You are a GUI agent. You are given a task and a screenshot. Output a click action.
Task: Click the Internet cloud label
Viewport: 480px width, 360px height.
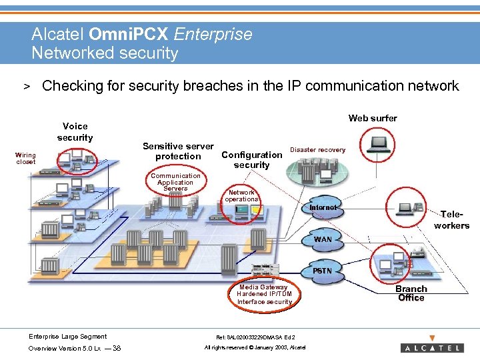coord(323,207)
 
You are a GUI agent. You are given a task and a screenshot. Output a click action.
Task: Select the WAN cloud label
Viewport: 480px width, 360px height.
coord(323,239)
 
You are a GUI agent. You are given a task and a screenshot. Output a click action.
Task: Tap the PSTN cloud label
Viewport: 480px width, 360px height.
coord(323,271)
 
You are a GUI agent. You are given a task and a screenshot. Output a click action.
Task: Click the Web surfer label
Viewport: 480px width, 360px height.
coord(373,118)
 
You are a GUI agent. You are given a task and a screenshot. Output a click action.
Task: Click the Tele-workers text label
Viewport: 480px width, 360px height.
coord(451,220)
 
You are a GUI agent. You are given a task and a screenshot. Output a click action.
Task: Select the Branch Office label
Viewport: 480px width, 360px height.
coord(411,293)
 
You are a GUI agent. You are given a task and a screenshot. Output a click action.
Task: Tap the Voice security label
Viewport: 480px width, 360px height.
coord(75,131)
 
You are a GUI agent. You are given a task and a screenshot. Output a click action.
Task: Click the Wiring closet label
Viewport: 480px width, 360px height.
coord(26,159)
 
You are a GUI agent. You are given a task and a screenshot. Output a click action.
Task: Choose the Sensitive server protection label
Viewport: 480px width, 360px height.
coord(178,151)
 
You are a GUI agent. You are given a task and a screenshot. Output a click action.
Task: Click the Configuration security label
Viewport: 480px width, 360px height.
coord(251,160)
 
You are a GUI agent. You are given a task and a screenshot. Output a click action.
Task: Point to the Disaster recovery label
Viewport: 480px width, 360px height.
coord(317,150)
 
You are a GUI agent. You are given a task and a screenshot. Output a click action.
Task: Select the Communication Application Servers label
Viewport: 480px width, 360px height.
coord(175,182)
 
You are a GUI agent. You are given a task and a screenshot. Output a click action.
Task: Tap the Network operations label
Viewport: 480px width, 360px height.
coord(241,195)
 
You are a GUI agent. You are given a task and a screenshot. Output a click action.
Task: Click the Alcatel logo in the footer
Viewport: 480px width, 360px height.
coord(432,347)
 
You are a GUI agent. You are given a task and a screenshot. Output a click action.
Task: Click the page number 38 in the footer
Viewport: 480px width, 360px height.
coord(117,348)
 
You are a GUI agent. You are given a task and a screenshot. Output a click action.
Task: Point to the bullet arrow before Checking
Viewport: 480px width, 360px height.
coord(28,87)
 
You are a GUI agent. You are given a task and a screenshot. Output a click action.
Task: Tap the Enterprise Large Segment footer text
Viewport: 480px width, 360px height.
coord(67,337)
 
